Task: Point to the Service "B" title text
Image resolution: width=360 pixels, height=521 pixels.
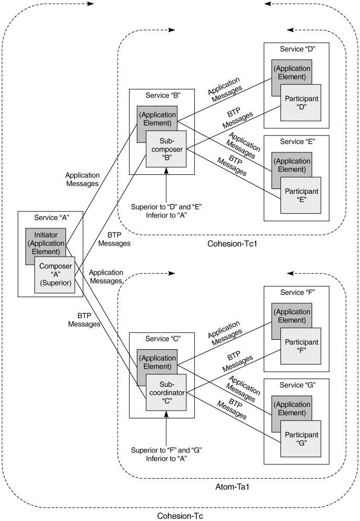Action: tap(162, 95)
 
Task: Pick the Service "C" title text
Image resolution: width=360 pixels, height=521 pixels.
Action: tap(162, 338)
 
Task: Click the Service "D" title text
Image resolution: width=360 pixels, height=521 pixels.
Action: tap(297, 49)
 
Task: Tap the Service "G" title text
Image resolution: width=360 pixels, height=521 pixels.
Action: tap(297, 385)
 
